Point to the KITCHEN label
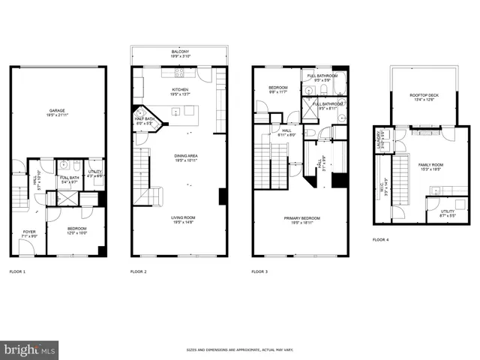tap(179, 89)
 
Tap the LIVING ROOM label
tap(179, 218)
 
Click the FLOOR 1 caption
tap(17, 271)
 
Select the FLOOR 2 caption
tap(139, 271)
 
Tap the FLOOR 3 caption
tap(259, 271)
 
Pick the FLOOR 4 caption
tap(381, 240)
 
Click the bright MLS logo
tap(29, 349)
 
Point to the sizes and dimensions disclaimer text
tap(240, 350)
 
